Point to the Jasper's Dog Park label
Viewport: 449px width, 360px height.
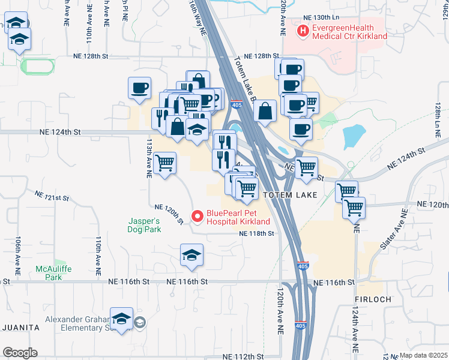pyautogui.click(x=144, y=225)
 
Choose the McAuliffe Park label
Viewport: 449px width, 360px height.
pyautogui.click(x=53, y=273)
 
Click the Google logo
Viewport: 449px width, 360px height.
pyautogui.click(x=20, y=353)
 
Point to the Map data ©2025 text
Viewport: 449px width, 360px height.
pyautogui.click(x=423, y=355)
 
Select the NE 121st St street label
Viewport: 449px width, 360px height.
pyautogui.click(x=52, y=196)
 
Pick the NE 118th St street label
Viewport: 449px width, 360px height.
pyautogui.click(x=257, y=233)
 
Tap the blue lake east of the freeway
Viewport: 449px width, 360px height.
pyautogui.click(x=355, y=137)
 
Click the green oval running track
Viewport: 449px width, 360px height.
pyautogui.click(x=38, y=65)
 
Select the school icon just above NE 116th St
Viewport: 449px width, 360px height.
pyautogui.click(x=192, y=256)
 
